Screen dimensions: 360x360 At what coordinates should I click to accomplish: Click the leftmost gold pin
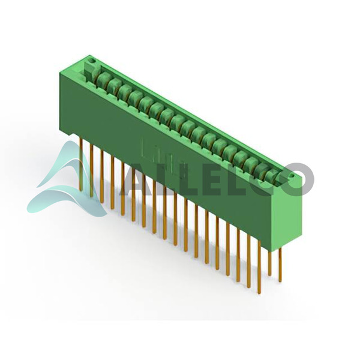point(80,164)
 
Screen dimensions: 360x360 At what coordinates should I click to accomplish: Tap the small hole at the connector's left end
point(92,61)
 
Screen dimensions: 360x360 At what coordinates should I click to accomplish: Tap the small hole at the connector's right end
point(292,176)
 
